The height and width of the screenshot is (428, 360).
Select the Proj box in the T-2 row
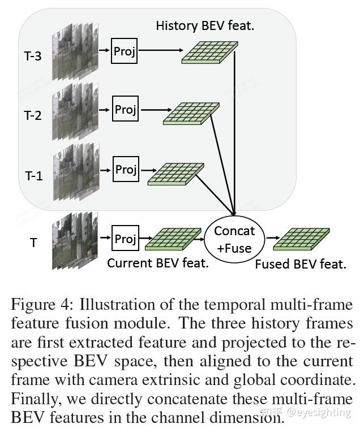tap(125, 109)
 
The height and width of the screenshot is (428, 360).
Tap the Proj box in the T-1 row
tap(126, 169)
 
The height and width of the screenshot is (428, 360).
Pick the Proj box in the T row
tap(125, 239)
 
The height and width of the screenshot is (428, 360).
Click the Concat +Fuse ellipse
tap(234, 239)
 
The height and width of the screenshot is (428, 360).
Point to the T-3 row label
tap(34, 57)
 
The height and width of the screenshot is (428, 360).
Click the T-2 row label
tap(33, 116)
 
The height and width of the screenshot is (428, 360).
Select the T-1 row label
tap(33, 176)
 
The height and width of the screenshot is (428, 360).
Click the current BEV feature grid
tap(173, 239)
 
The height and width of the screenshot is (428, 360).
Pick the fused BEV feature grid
tap(301, 239)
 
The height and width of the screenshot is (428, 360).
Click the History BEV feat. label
tap(204, 25)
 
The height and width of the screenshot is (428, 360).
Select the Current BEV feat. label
tap(158, 263)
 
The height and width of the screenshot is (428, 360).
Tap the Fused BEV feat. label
tap(301, 264)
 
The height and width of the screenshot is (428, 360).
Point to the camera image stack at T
tap(74, 240)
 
